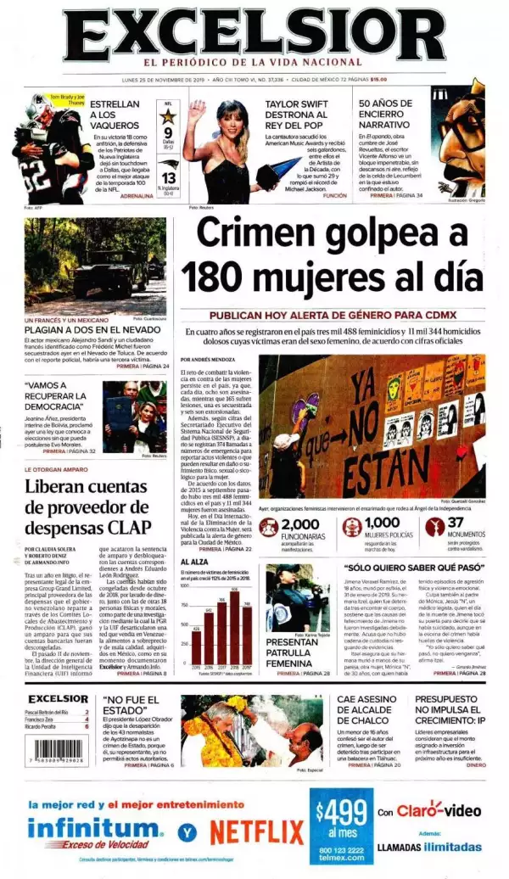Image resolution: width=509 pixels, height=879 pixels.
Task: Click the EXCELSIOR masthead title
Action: click(254, 32)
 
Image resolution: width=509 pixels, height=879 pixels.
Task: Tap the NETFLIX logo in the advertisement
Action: click(257, 831)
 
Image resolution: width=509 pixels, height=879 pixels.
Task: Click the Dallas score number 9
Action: click(168, 133)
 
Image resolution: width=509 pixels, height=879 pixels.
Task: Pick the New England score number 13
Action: click(168, 177)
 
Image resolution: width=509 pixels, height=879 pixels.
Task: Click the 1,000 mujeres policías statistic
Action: click(382, 523)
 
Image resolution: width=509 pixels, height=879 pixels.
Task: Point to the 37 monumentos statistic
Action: click(456, 523)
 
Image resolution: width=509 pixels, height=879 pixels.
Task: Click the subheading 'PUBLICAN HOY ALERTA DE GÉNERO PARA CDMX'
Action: click(333, 311)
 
